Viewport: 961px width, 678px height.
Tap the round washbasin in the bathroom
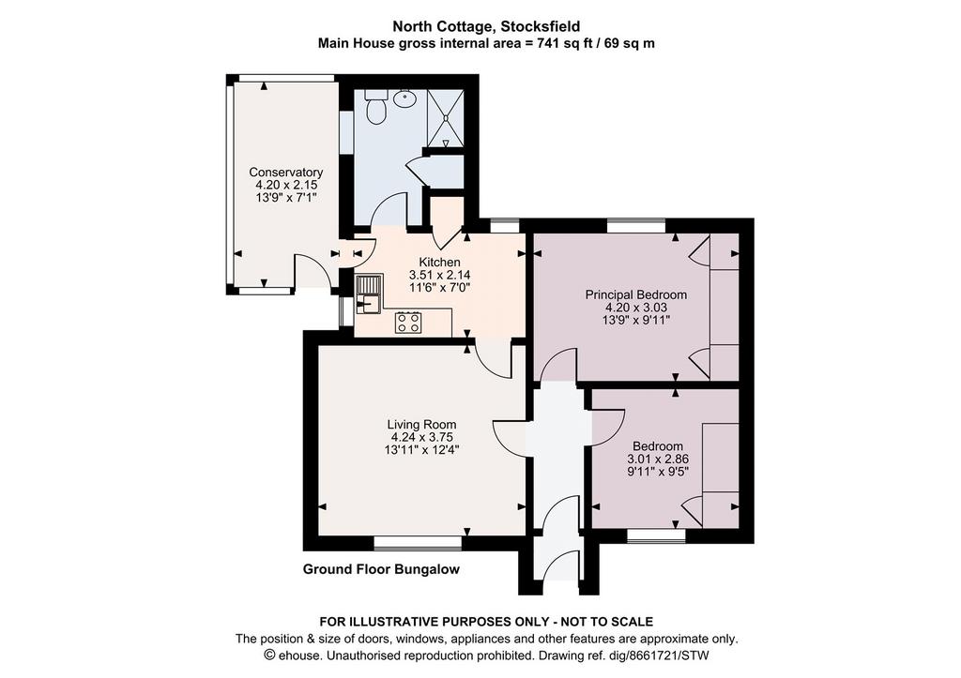(404, 98)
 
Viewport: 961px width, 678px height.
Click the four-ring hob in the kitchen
(408, 323)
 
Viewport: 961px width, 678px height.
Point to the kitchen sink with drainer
(369, 294)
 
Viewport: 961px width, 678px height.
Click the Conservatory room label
(285, 173)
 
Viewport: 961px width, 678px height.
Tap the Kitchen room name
(439, 263)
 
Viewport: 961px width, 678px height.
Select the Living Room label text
(421, 425)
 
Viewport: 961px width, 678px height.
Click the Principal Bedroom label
(636, 294)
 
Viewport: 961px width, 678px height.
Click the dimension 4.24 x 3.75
(421, 437)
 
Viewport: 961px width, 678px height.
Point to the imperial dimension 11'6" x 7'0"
(439, 287)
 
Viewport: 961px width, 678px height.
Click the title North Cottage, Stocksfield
(486, 26)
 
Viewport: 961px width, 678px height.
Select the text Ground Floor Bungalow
(381, 569)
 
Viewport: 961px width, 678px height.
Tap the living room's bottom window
(418, 543)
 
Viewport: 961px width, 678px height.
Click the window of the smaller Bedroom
(656, 535)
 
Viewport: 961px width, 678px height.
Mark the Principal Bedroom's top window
(635, 225)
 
